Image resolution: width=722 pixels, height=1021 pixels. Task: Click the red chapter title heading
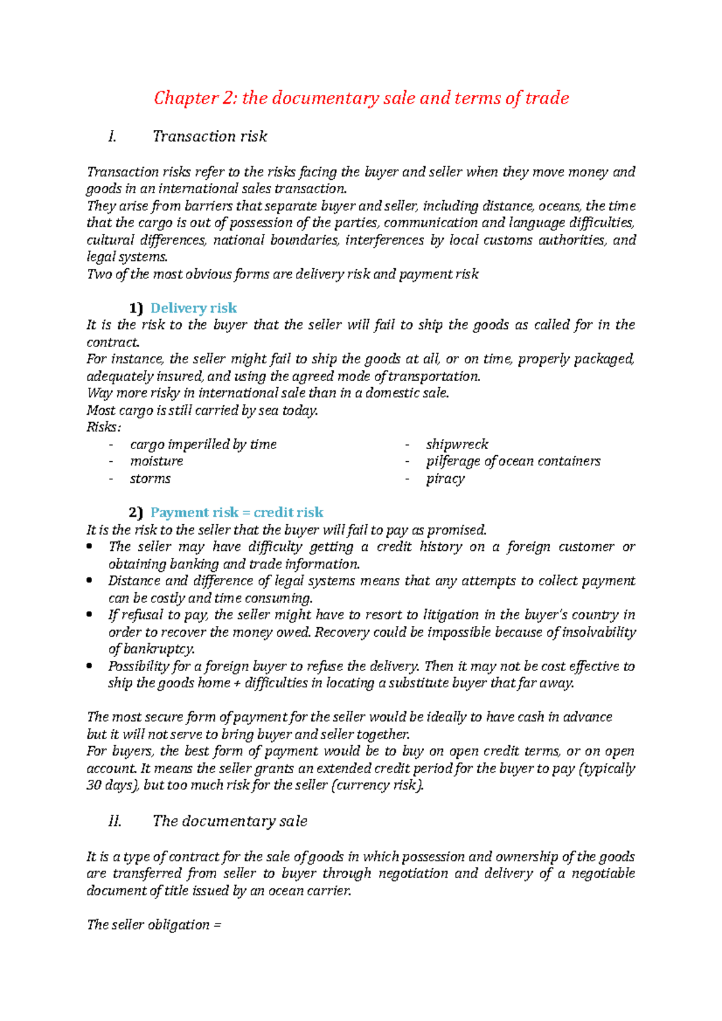(x=361, y=98)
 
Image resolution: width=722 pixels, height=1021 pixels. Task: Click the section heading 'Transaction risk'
(x=209, y=136)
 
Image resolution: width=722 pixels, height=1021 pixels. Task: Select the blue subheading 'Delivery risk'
(x=193, y=308)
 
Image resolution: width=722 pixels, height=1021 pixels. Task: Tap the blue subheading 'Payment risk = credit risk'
(x=236, y=512)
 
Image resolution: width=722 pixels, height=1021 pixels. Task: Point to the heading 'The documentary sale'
(x=230, y=821)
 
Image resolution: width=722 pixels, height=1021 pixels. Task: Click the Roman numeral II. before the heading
(x=114, y=821)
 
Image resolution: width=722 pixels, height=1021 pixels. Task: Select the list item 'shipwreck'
(x=457, y=444)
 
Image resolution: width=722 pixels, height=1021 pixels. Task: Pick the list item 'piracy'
(x=445, y=479)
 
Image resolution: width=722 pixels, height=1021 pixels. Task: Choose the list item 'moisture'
(x=156, y=461)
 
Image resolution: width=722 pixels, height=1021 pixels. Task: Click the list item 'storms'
(x=150, y=479)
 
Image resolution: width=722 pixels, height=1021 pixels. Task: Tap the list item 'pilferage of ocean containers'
(x=513, y=461)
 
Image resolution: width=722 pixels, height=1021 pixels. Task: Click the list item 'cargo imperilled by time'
(x=203, y=444)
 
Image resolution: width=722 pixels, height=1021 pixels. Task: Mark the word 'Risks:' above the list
(x=103, y=427)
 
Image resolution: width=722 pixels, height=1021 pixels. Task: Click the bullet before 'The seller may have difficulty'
(x=90, y=547)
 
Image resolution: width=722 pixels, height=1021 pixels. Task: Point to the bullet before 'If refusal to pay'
(x=90, y=615)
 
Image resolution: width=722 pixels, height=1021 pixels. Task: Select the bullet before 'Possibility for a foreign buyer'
(x=90, y=666)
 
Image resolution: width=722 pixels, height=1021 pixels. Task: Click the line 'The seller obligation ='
(x=154, y=925)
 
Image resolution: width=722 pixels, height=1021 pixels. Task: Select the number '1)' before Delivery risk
(x=136, y=308)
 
